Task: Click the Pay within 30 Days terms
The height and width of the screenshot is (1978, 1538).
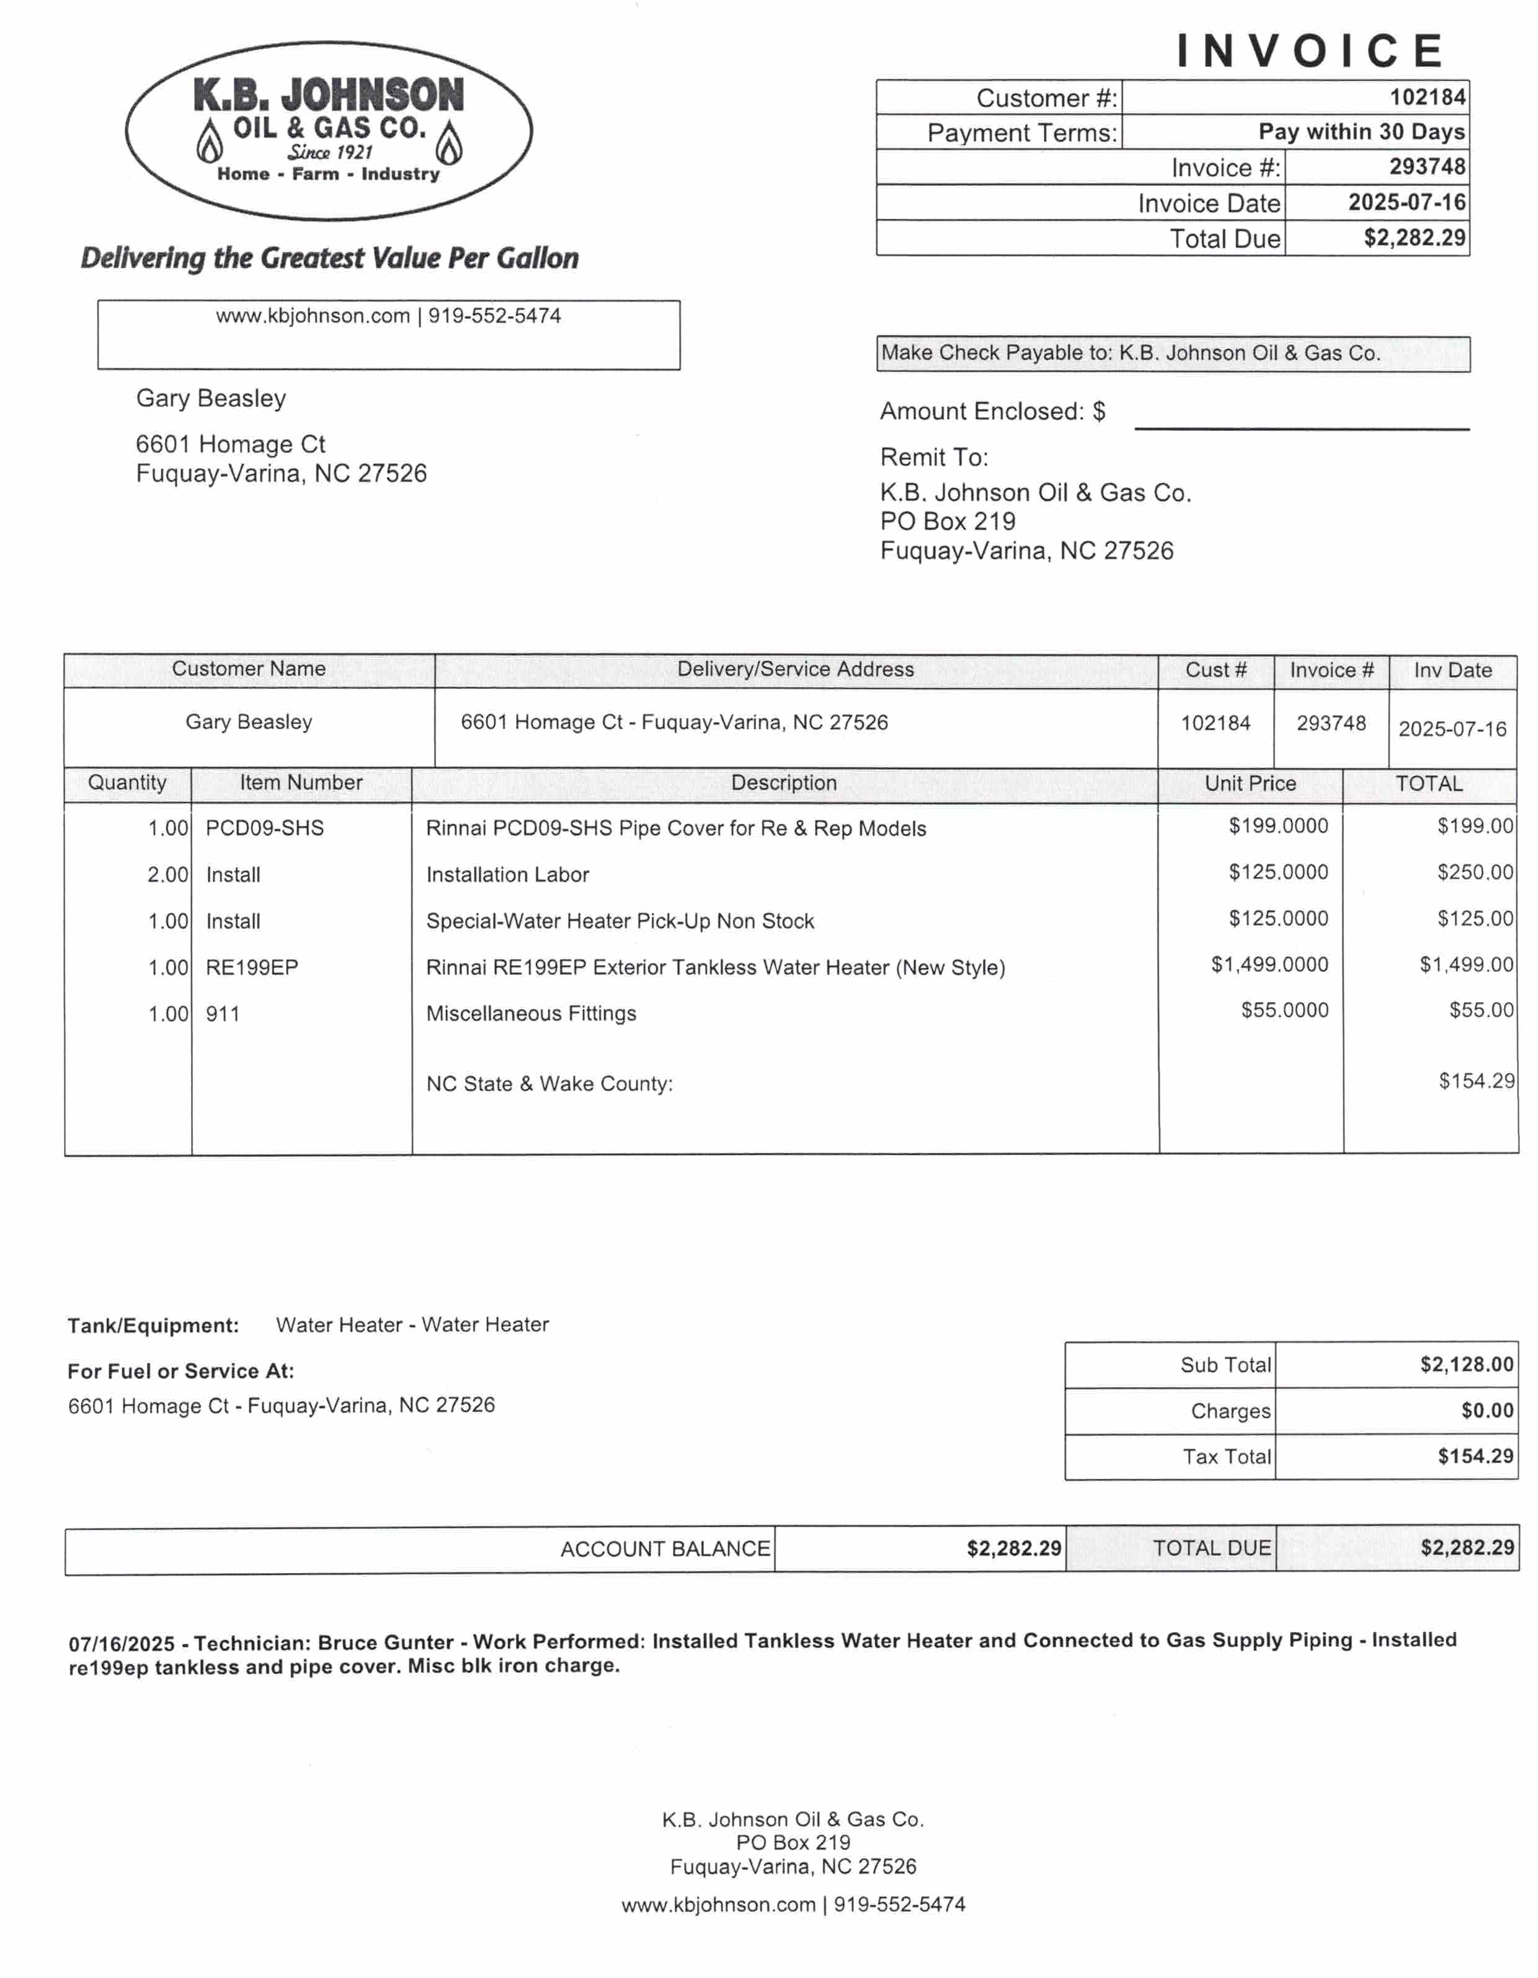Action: click(x=1361, y=132)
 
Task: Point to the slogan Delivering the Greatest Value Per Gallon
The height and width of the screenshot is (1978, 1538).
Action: click(x=330, y=258)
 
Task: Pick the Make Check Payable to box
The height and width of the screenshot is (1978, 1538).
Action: click(x=1172, y=353)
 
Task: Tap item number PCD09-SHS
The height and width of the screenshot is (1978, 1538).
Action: click(x=264, y=828)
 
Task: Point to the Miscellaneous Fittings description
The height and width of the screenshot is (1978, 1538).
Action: click(x=531, y=1013)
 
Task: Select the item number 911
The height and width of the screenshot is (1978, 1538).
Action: click(x=223, y=1013)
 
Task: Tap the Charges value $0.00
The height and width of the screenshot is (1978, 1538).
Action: click(x=1487, y=1410)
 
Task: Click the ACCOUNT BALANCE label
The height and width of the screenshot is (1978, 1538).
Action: click(x=665, y=1549)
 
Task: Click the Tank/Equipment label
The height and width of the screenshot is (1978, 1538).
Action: click(x=153, y=1326)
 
